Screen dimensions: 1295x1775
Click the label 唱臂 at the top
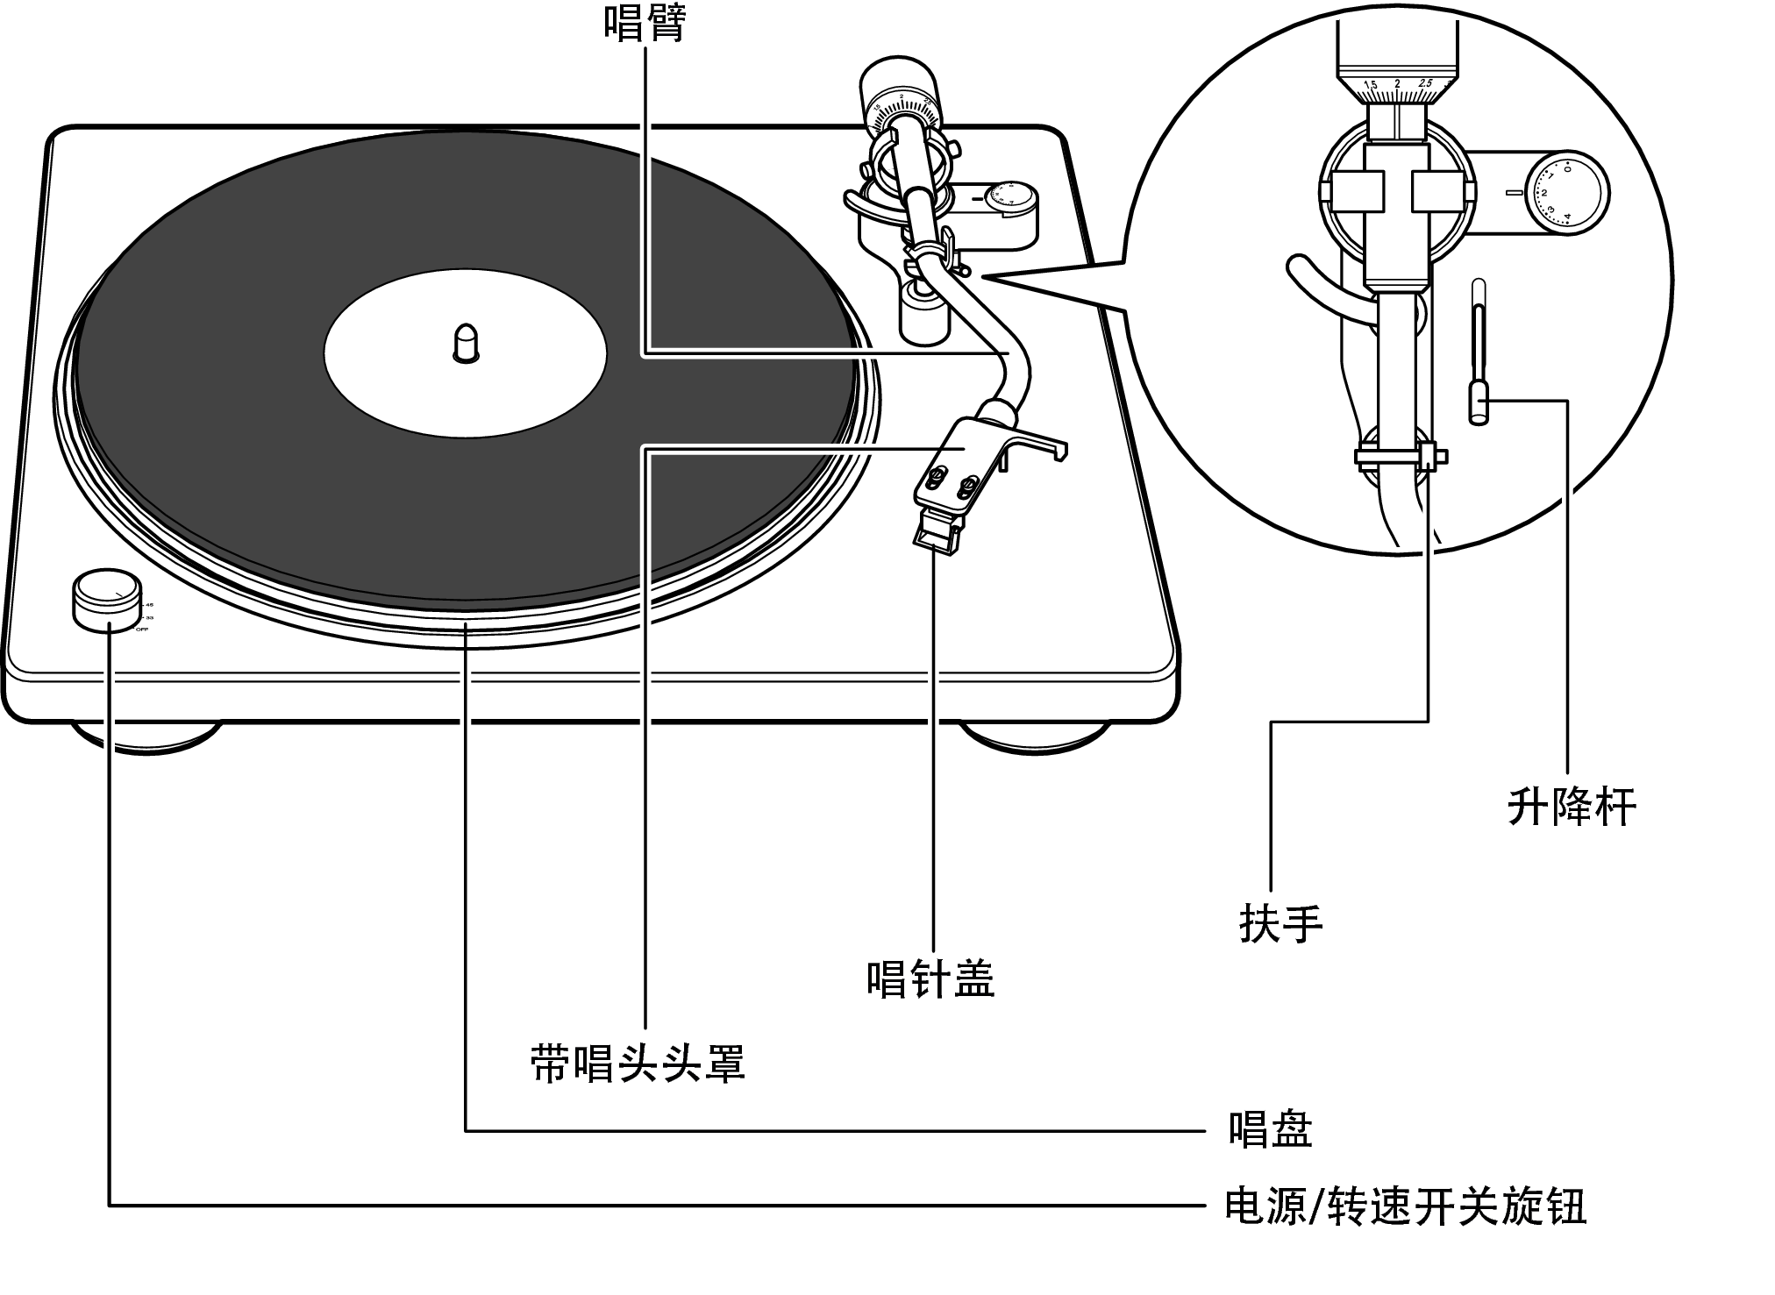(x=645, y=23)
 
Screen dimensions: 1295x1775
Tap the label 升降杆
(x=1572, y=807)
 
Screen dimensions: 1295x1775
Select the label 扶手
(x=1280, y=923)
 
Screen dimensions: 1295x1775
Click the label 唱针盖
(x=930, y=978)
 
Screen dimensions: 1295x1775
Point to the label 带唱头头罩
(x=638, y=1064)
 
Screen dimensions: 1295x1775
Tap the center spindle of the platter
(x=466, y=342)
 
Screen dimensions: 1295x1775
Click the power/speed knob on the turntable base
(x=105, y=598)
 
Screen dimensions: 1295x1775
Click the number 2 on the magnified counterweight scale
(x=1397, y=85)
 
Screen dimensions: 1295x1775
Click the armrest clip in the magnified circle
(x=1398, y=456)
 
